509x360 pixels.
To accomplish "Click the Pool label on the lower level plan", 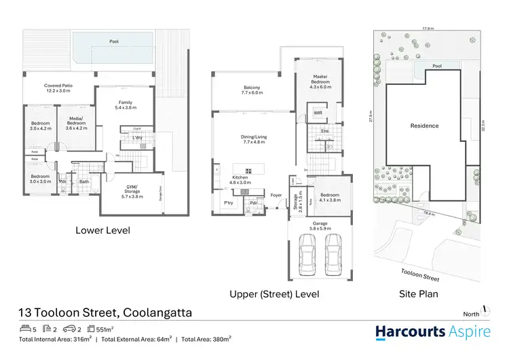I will (x=113, y=42).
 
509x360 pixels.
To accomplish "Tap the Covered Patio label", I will (x=59, y=88).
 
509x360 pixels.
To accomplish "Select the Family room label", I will (x=126, y=104).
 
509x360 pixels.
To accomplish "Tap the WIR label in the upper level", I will (x=318, y=113).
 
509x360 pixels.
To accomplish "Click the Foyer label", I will (x=276, y=195).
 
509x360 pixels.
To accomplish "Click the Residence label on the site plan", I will (x=424, y=126).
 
